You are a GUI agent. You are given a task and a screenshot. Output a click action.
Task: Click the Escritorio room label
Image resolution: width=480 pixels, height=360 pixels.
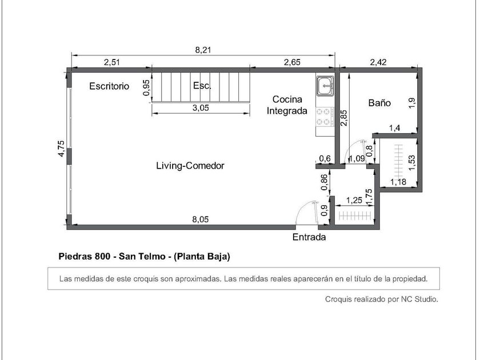click(109, 86)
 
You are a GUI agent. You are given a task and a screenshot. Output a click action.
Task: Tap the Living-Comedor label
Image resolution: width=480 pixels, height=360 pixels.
click(190, 166)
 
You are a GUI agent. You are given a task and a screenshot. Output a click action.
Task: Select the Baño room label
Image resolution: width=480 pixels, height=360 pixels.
click(379, 103)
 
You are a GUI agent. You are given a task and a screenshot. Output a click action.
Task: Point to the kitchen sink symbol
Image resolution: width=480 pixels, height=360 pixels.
click(325, 85)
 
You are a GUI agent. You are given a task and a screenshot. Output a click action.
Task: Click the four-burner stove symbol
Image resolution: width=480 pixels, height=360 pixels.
click(325, 117)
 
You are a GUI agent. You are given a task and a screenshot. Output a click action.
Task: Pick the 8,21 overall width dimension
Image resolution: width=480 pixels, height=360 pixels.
click(203, 50)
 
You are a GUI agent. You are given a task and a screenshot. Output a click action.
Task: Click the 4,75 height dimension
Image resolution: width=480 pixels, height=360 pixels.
click(62, 149)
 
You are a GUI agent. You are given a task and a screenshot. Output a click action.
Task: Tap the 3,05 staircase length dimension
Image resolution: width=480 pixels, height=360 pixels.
click(201, 108)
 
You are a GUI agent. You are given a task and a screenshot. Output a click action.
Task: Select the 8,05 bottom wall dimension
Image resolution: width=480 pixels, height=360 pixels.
click(201, 219)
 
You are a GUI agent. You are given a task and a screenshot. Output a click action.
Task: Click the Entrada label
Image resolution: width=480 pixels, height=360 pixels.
click(309, 237)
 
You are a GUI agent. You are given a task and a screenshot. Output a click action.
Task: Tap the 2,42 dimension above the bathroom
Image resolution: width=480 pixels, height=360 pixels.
click(378, 62)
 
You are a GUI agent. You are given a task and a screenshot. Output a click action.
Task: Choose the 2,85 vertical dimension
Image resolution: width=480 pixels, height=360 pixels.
click(344, 118)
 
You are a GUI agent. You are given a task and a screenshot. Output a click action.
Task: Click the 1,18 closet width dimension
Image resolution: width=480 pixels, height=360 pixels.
click(398, 182)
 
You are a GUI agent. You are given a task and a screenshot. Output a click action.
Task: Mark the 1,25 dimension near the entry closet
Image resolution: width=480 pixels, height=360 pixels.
click(354, 201)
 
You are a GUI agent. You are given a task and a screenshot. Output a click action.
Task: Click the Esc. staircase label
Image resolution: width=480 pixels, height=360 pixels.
click(202, 85)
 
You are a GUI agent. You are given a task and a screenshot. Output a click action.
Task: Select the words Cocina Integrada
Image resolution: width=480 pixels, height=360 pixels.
click(287, 105)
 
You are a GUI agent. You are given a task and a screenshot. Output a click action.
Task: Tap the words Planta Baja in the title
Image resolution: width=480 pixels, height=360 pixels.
click(202, 256)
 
